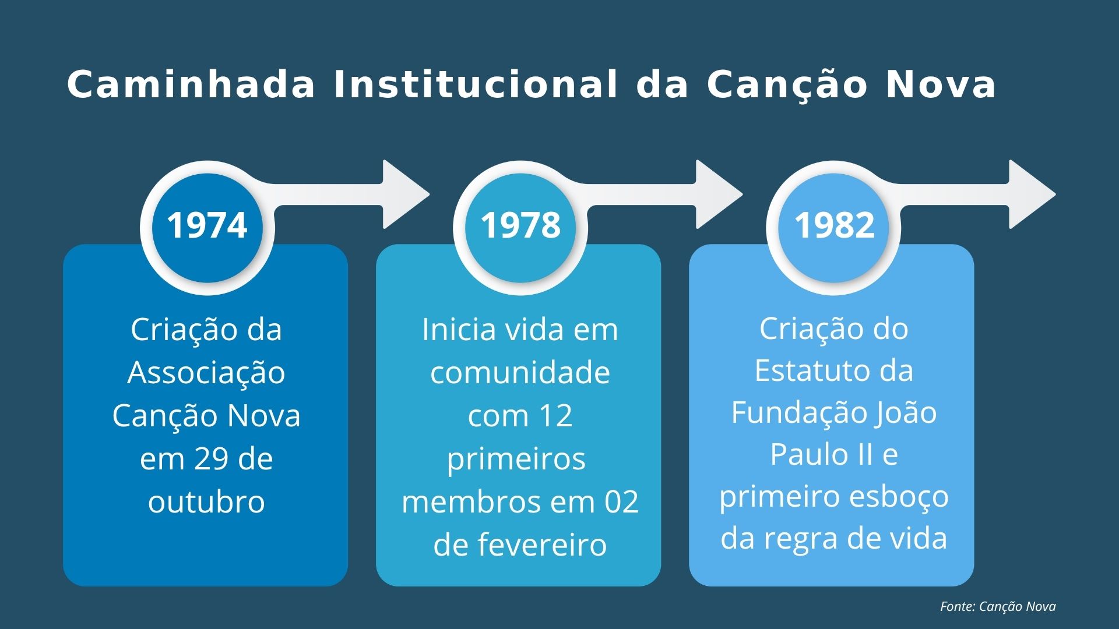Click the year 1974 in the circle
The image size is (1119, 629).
[x=207, y=225]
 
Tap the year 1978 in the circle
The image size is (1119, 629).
[x=520, y=225]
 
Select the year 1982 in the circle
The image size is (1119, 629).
[x=834, y=225]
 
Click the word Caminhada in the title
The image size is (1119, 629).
[x=191, y=84]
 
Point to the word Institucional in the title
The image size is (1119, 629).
[x=475, y=84]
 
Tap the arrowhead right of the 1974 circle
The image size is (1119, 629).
[x=403, y=194]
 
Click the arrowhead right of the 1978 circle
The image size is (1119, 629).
[x=717, y=194]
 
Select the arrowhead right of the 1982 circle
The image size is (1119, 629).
[x=1030, y=194]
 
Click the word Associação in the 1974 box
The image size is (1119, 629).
[x=206, y=373]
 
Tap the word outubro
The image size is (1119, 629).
[x=206, y=502]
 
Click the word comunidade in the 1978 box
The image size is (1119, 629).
[x=520, y=373]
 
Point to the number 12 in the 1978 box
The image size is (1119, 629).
[x=555, y=416]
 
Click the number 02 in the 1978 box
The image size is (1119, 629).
[x=621, y=502]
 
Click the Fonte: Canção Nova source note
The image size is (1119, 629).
[x=998, y=606]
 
